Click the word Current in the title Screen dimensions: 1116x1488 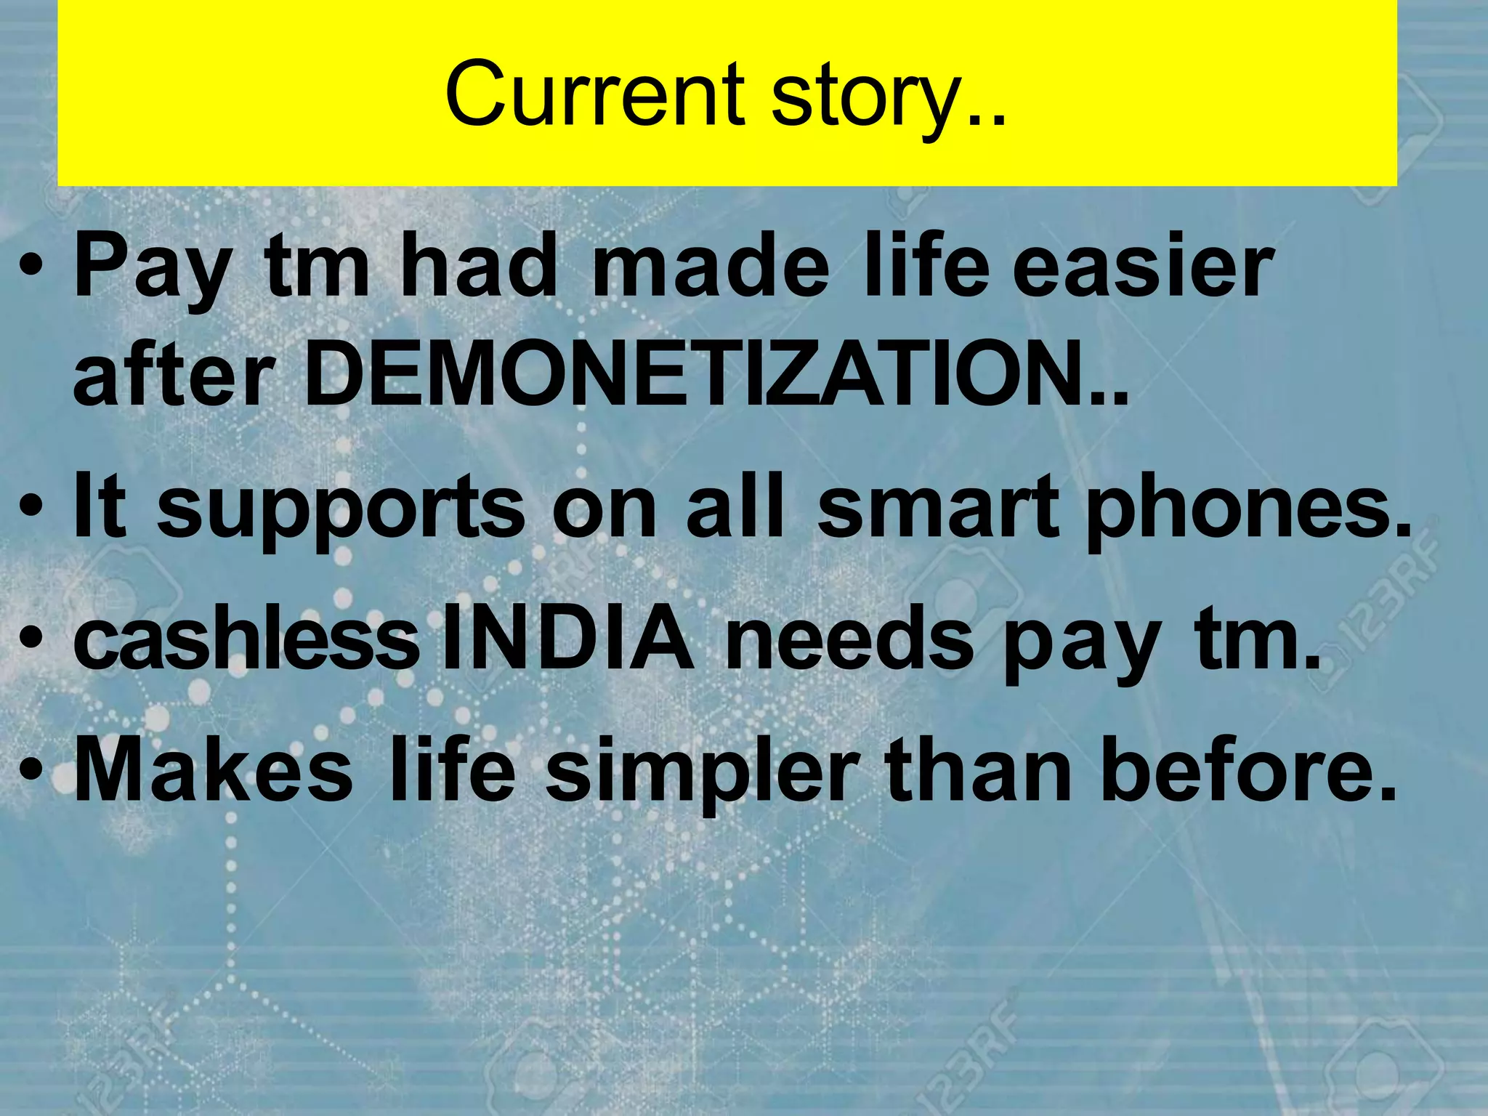point(594,94)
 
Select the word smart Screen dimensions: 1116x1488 point(937,509)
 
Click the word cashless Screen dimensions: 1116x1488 point(247,639)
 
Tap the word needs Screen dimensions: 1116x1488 point(850,639)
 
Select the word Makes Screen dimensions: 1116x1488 point(214,770)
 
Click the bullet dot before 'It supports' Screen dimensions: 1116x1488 point(32,513)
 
